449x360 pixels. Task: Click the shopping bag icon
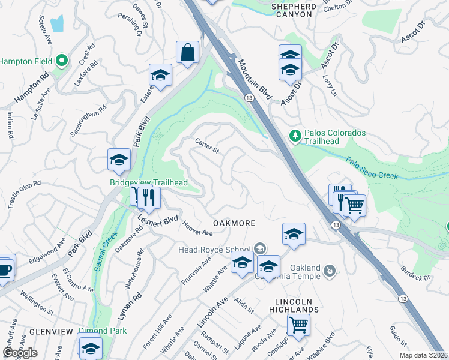point(187,52)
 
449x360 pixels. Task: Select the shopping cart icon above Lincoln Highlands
point(298,326)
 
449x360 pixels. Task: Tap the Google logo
point(19,353)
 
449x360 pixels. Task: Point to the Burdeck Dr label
point(416,273)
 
